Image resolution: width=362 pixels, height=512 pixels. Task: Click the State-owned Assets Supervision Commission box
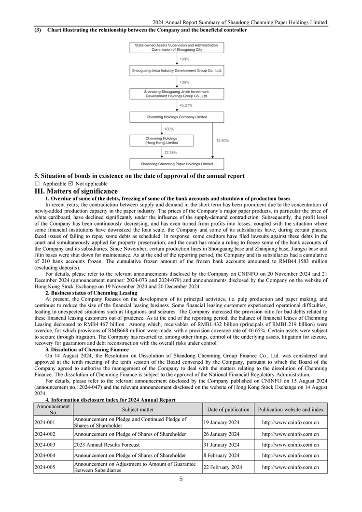pos(177,47)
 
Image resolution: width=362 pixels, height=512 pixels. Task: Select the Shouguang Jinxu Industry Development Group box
pos(177,71)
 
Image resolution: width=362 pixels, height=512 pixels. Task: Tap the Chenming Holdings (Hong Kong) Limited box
pos(162,141)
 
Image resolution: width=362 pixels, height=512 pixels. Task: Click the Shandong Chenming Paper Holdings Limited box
pos(177,164)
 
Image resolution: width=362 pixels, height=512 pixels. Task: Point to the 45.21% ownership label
pos(186,105)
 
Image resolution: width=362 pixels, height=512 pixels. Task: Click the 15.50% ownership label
pos(223,141)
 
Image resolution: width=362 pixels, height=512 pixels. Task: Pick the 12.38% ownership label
pos(170,152)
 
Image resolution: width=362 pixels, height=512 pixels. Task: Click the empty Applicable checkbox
pos(37,184)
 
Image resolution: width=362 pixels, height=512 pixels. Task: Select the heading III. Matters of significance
pos(76,191)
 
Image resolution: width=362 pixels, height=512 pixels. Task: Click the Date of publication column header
pos(228,410)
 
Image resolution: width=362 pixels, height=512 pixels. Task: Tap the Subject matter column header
pos(138,410)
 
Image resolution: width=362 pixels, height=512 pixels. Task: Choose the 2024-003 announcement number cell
pos(44,445)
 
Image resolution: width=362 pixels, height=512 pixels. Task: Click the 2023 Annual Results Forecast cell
pos(107,445)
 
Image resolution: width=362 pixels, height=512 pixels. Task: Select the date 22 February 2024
pos(223,467)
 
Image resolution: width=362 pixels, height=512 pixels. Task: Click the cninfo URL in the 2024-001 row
pos(290,423)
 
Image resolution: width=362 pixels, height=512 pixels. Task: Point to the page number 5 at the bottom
pos(181,479)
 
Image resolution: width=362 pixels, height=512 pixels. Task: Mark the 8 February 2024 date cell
pos(222,455)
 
